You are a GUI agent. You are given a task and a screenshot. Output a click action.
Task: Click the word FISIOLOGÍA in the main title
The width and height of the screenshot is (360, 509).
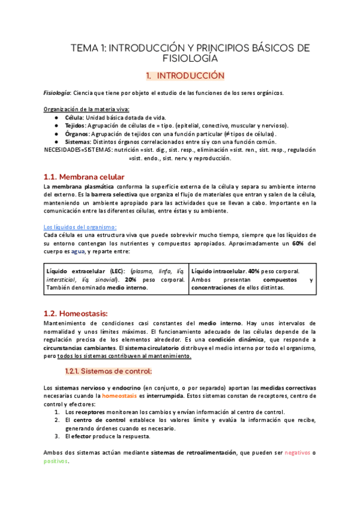[x=190, y=59]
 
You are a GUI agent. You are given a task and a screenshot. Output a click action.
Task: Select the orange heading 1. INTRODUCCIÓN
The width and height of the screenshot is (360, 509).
[x=185, y=76]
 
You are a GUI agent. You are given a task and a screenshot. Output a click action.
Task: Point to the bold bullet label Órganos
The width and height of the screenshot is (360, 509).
[x=77, y=134]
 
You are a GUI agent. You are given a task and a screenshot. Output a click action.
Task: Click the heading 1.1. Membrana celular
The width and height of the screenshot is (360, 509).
[x=84, y=176]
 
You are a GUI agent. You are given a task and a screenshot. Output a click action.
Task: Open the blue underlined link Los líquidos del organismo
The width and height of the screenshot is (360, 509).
[x=80, y=227]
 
